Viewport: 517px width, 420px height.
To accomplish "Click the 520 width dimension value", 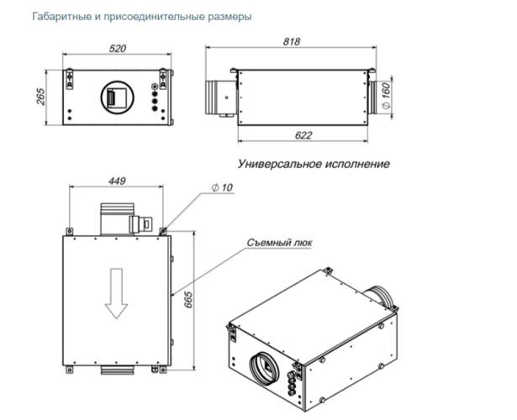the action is [x=118, y=49].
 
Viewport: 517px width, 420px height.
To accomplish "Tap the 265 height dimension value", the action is [x=40, y=97].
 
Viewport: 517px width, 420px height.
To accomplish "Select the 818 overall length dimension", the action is [x=292, y=42].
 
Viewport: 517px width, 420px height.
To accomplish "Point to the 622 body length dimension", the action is [x=303, y=135].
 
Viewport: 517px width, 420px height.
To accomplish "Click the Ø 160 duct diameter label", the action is [x=386, y=96].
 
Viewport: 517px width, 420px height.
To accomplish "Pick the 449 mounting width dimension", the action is [x=117, y=181].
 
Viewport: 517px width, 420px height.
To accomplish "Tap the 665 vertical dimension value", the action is [x=188, y=299].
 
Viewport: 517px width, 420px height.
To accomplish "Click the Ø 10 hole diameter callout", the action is [x=222, y=188].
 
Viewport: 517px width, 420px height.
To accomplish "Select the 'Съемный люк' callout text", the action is [x=279, y=243].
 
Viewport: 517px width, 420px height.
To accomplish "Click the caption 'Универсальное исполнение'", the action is [x=314, y=164].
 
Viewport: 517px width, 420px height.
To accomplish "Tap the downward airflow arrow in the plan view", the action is [x=116, y=293].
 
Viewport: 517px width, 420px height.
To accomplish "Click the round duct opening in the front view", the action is [x=118, y=97].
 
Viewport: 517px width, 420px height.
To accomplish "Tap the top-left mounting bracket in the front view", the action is [x=70, y=79].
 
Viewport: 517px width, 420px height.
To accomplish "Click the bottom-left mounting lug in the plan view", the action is [x=69, y=370].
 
